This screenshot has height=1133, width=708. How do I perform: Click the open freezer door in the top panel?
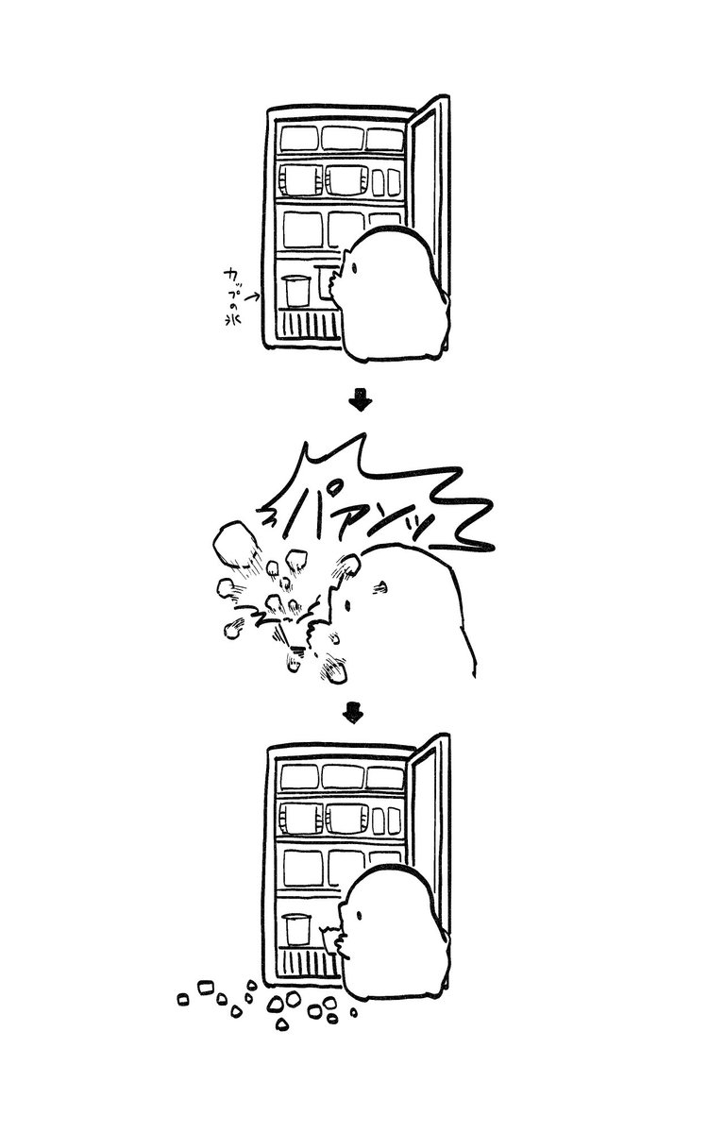pos(433,208)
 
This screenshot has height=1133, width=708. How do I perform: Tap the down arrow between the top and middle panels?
pos(360,402)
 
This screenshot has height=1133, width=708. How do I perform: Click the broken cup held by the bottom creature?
pos(331,939)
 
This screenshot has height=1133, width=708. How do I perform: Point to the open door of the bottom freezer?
pos(433,840)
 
